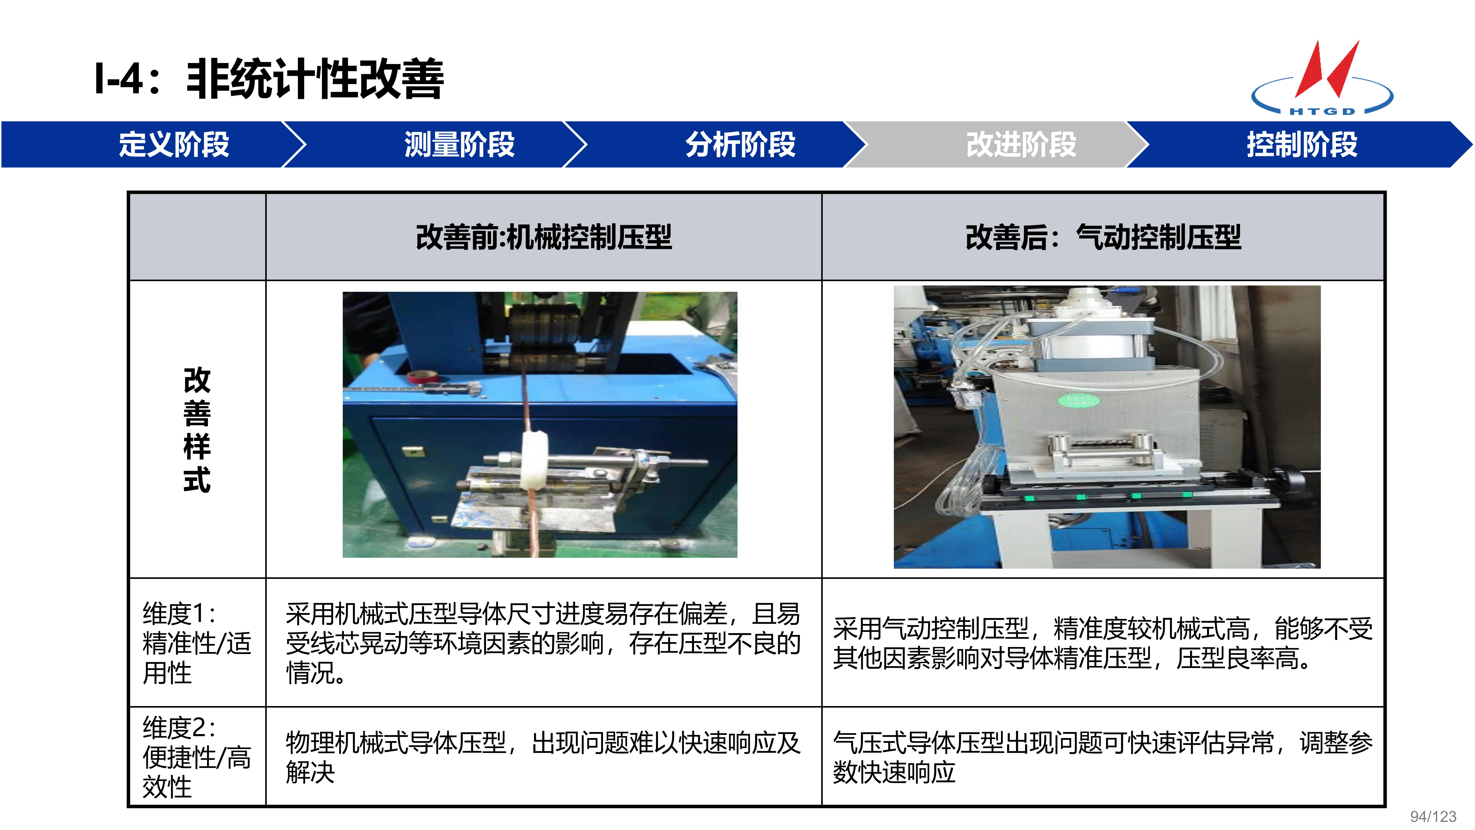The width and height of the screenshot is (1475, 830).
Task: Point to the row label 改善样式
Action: [197, 430]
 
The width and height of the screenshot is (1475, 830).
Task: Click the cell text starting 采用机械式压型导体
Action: [543, 643]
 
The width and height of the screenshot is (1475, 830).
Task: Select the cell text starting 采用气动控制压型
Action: [1103, 643]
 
